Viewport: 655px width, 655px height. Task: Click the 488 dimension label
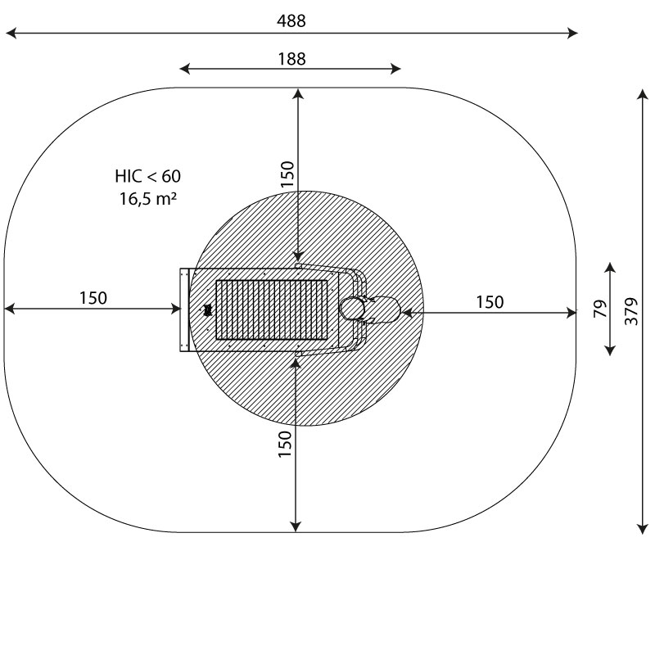pos(291,21)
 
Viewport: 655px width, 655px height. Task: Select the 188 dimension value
pos(291,59)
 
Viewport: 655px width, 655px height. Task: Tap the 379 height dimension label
pos(631,311)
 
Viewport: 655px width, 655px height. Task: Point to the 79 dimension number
pos(600,309)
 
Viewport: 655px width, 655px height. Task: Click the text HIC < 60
pos(148,176)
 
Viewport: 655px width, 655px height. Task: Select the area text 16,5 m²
pos(148,199)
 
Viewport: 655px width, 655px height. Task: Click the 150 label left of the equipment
pos(93,298)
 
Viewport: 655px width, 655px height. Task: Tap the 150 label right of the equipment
pos(490,302)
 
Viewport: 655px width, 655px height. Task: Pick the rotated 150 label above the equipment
pos(287,174)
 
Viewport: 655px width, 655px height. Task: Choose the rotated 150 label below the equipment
pos(285,444)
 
